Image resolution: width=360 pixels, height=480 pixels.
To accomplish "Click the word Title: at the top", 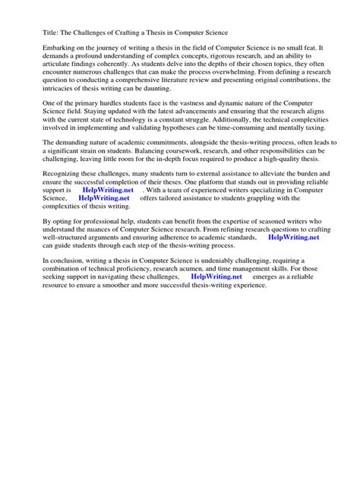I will point(43,33).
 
